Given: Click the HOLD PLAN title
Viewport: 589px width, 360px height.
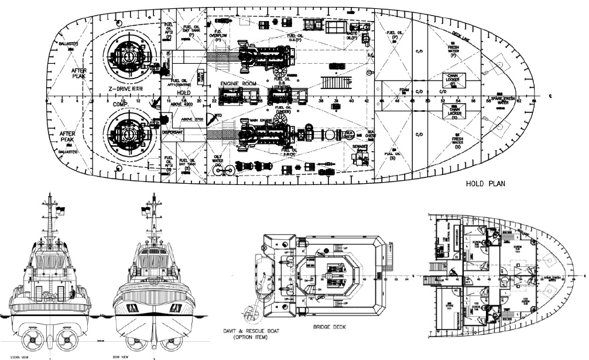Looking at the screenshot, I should (x=486, y=183).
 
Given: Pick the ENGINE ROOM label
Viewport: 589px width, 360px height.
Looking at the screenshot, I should (x=238, y=84).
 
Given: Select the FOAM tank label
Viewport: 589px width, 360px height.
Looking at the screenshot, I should (x=404, y=90).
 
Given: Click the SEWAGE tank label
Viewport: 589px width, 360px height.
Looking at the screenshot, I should (x=359, y=147).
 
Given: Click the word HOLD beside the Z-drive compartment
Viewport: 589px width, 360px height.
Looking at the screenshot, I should (x=183, y=92).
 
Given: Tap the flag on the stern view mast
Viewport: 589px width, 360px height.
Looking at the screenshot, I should (x=60, y=209).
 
